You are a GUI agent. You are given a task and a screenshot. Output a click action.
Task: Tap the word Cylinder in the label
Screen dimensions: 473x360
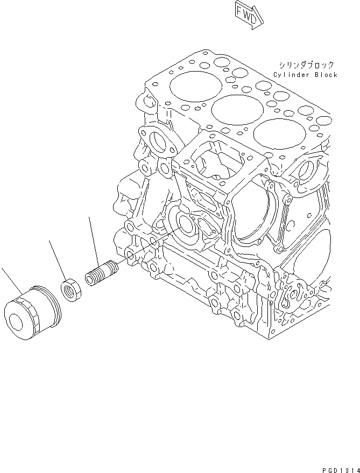click(x=292, y=75)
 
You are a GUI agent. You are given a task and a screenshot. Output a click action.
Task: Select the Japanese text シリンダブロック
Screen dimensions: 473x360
click(x=305, y=64)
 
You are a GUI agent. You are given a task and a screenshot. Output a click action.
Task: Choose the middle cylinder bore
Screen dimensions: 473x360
click(x=234, y=109)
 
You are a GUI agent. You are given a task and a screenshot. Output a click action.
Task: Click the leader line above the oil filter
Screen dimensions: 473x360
click(x=10, y=279)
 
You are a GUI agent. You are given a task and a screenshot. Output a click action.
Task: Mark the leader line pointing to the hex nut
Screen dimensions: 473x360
click(x=58, y=259)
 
